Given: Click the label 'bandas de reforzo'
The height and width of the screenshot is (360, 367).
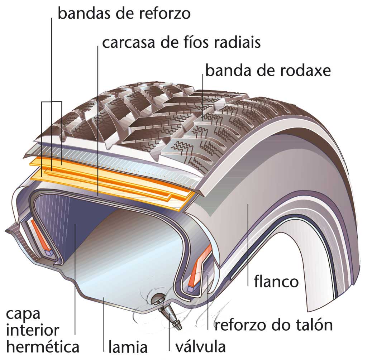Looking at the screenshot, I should (x=124, y=14).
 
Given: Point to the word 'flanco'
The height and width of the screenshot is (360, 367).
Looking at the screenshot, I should (x=276, y=282).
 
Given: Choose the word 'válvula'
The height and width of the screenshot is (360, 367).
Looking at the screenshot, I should (x=200, y=346).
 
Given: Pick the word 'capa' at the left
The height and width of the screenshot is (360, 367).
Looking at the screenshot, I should (x=24, y=315).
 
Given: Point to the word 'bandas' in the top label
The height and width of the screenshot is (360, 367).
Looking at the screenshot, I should (x=83, y=14).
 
